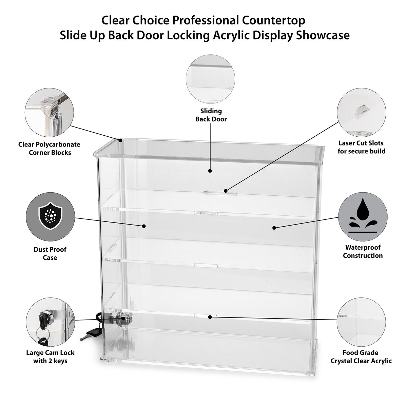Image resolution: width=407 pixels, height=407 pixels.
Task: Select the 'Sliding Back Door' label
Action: pos(211,115)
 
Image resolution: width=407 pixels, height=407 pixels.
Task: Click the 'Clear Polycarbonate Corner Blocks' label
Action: pos(50,149)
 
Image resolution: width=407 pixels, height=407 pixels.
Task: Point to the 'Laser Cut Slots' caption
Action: pos(362,147)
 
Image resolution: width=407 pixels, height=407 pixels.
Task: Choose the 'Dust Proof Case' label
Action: pos(50,253)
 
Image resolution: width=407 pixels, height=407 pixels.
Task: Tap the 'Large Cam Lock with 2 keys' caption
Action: pos(50,356)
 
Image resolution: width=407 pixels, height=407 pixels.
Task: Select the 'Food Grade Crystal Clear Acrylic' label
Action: pos(361,357)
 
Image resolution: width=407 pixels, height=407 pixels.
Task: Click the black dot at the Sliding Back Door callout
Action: pos(210,171)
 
